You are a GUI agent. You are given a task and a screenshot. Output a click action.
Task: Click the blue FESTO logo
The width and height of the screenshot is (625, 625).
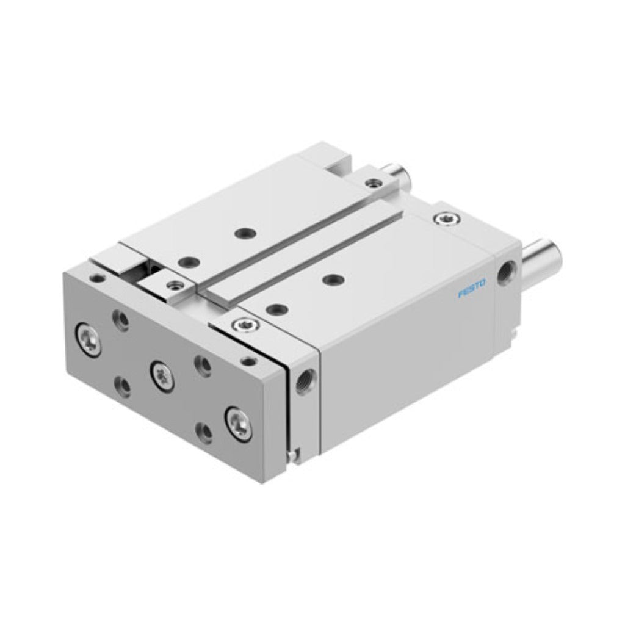tap(472, 289)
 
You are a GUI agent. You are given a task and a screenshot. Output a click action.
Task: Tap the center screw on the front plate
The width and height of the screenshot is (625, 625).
tap(162, 376)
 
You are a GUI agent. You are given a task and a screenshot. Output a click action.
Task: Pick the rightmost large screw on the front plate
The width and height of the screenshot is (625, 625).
tap(239, 424)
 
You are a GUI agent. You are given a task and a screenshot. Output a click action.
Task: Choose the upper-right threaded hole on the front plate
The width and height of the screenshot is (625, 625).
tap(203, 366)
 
